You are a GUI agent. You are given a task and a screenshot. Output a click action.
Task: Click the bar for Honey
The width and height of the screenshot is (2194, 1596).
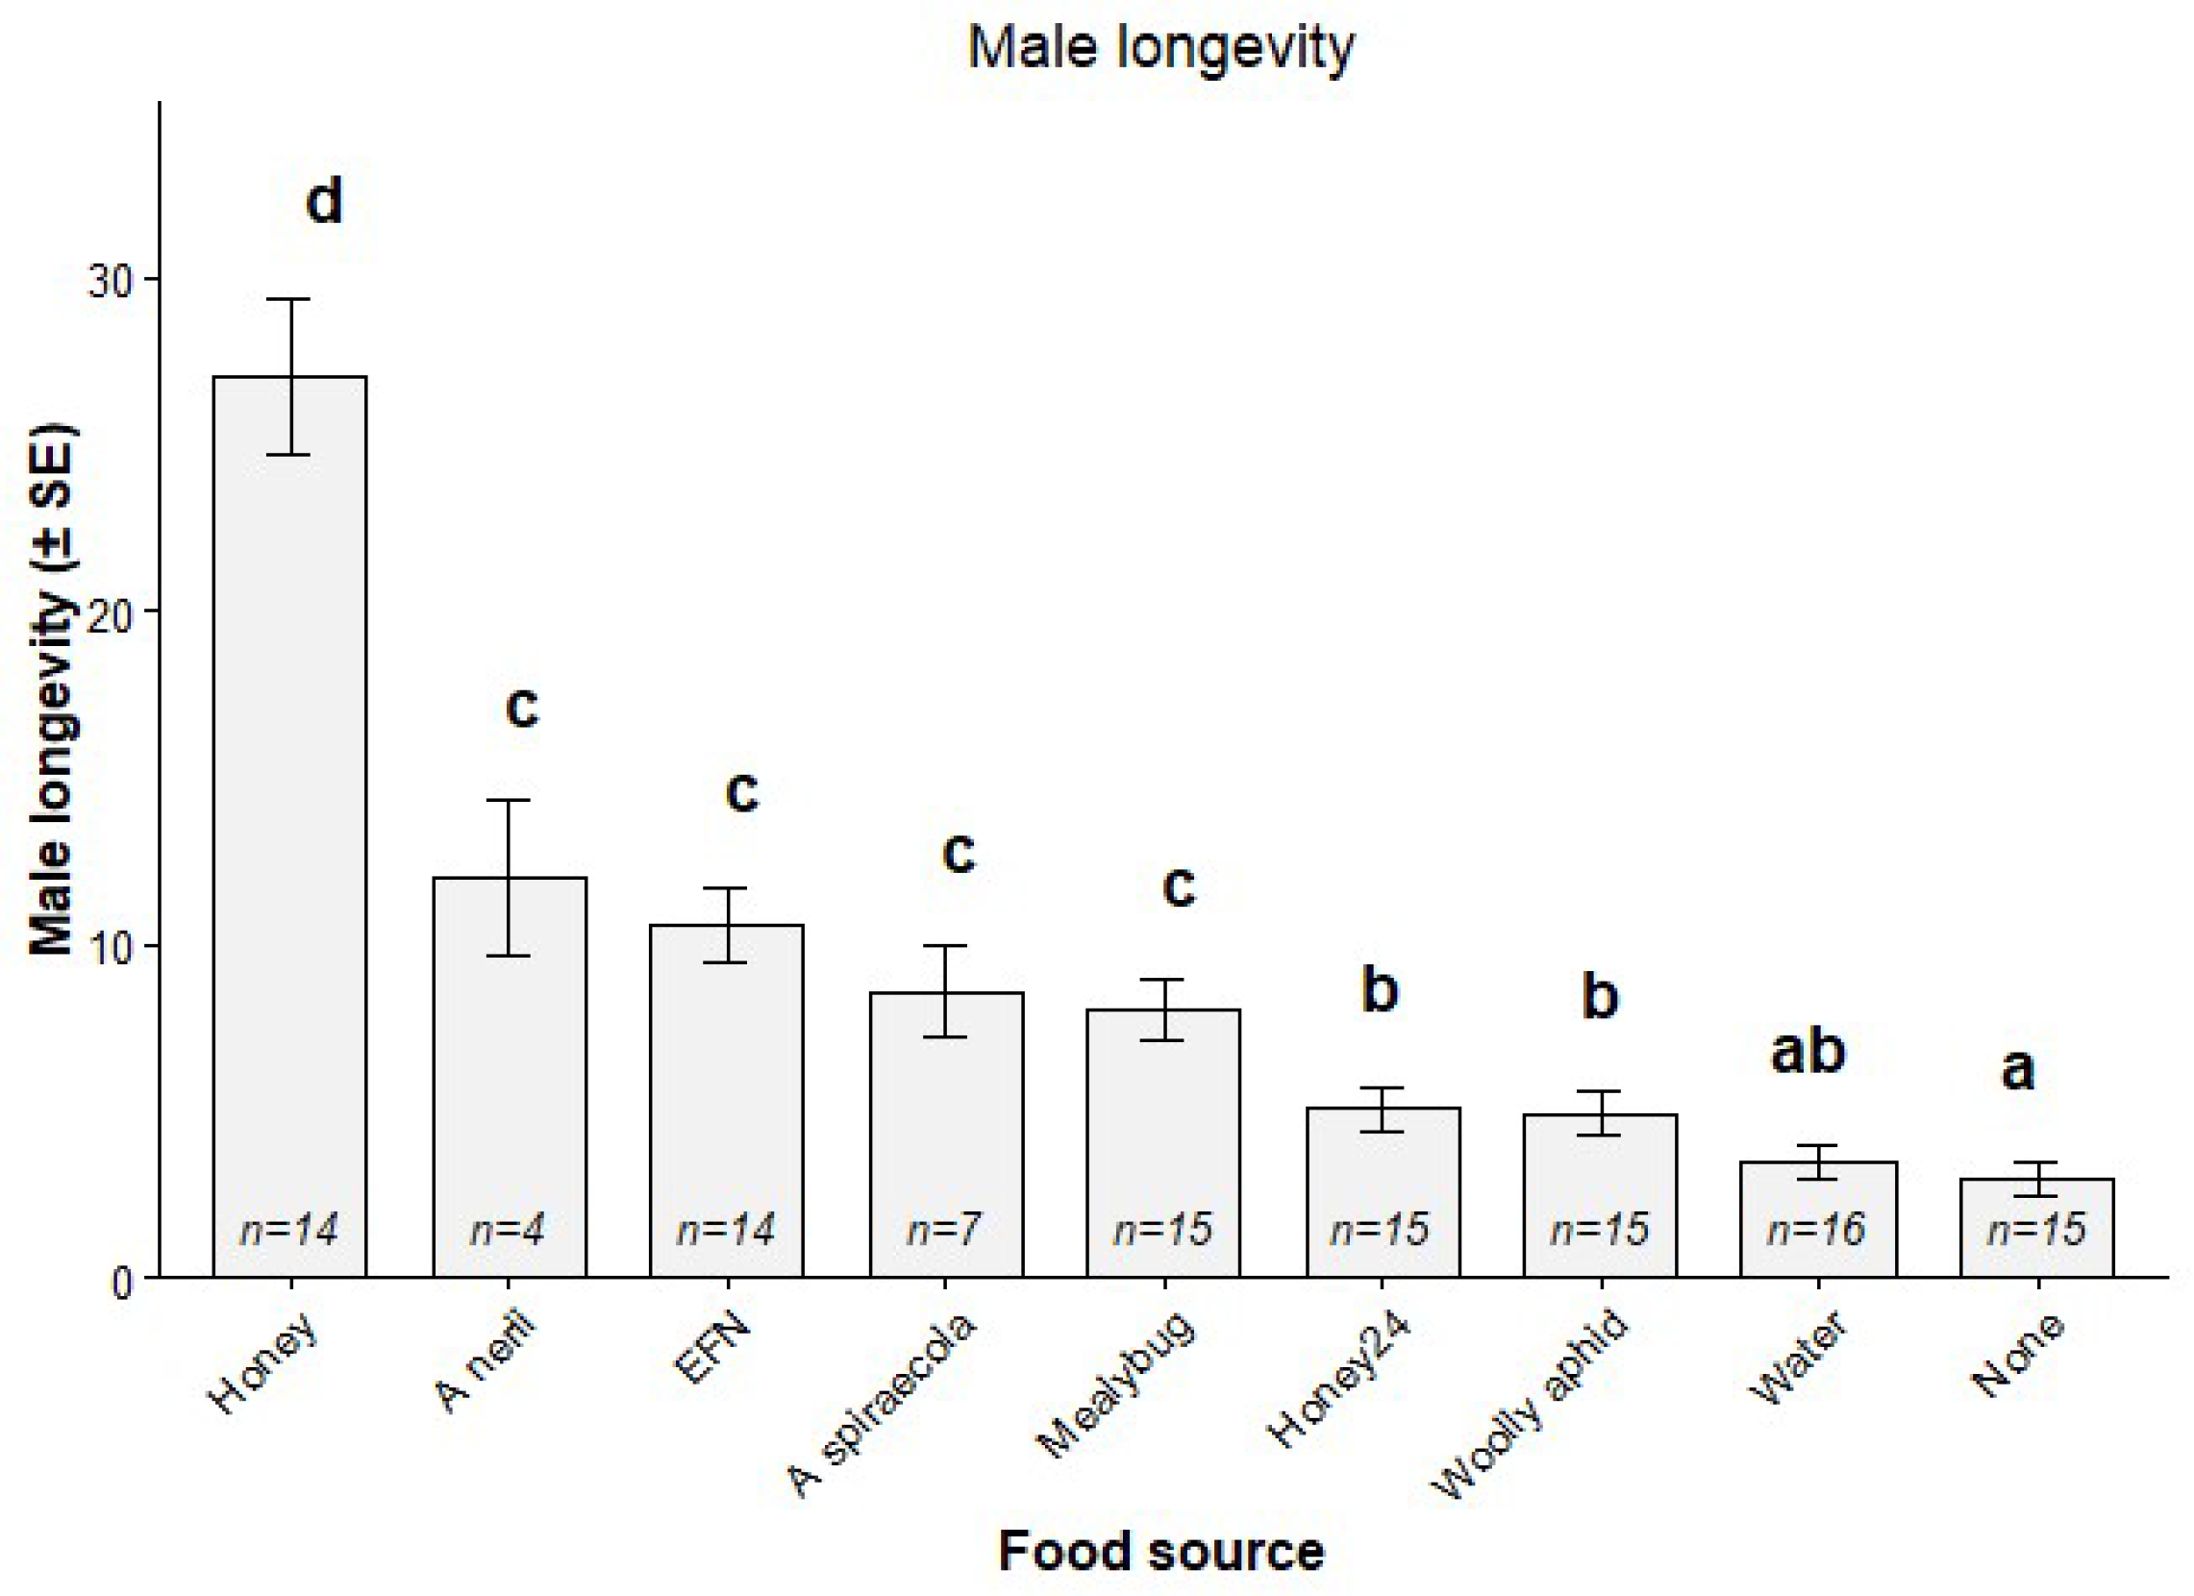pos(290,827)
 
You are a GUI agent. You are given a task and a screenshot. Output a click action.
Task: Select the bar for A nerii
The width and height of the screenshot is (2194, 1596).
pos(510,1078)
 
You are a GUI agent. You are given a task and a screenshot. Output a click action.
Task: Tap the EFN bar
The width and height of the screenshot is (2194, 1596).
pos(727,1102)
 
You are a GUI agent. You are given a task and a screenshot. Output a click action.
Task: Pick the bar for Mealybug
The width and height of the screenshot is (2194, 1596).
pos(1163,1143)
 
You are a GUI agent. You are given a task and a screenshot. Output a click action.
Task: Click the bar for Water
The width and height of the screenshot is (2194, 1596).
pos(1819,1220)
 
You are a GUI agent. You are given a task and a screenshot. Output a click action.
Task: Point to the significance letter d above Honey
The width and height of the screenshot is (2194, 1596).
pos(324,202)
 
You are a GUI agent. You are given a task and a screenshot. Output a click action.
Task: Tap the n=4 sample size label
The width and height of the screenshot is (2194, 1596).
pos(508,1230)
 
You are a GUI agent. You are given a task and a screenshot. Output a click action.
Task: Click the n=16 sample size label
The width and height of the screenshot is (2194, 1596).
pos(1816,1230)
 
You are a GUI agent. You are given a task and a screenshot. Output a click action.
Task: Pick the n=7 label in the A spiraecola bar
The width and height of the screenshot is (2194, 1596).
pos(944,1230)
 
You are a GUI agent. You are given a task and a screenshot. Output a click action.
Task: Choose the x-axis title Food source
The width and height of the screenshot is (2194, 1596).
pos(1161,1551)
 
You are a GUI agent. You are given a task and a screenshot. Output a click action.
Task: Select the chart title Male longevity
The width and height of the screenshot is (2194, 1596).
pos(1161,48)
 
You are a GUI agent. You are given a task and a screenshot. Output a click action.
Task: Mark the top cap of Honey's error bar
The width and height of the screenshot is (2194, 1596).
pos(290,300)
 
